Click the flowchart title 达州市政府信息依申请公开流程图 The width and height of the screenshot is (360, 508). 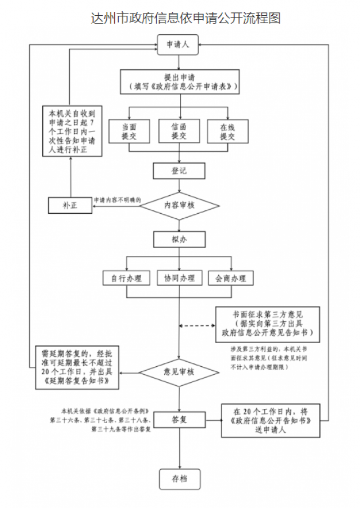(x=186, y=18)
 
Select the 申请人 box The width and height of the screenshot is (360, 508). (x=178, y=44)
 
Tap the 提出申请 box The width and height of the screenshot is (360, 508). (x=179, y=82)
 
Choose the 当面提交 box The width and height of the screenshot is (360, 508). (x=129, y=132)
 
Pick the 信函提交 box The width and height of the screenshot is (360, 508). (x=178, y=132)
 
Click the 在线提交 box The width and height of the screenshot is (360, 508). (x=227, y=132)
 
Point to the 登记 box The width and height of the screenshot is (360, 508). (x=179, y=170)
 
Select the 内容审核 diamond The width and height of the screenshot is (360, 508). (x=179, y=205)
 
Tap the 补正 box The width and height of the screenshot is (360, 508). (x=70, y=205)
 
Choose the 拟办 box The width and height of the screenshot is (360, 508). (x=179, y=240)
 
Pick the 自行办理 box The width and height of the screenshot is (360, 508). (x=127, y=278)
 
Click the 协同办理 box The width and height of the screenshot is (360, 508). (x=179, y=278)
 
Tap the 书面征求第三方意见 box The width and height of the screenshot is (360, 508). (x=267, y=325)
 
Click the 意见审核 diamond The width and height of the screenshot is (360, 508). (x=179, y=372)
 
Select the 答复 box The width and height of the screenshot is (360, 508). (x=179, y=419)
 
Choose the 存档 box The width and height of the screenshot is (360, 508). (x=179, y=478)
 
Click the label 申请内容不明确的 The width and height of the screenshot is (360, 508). (x=117, y=200)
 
